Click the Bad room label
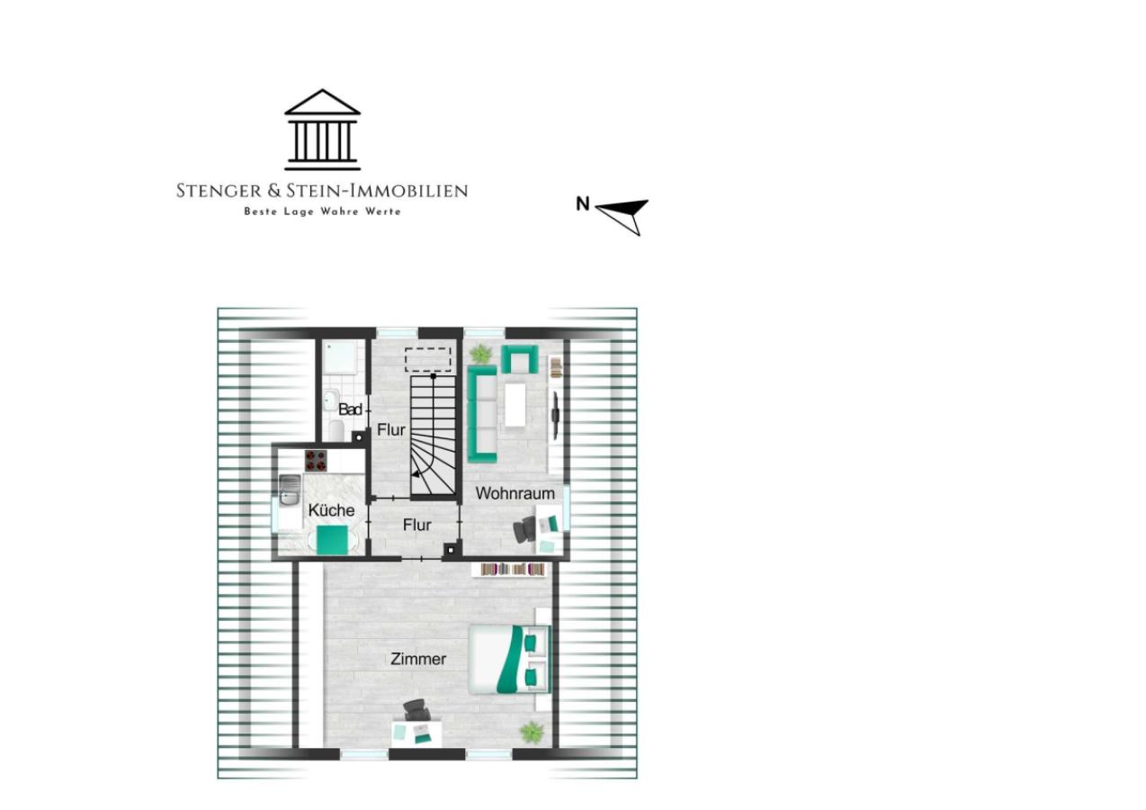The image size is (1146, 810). (351, 409)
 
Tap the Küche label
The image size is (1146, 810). (331, 510)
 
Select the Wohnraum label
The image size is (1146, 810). (515, 493)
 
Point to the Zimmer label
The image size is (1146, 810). (418, 659)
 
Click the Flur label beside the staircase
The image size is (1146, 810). (391, 430)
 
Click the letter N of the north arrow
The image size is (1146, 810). (583, 203)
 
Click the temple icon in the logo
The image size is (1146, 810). (322, 130)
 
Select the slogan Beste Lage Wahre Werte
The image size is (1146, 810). (322, 211)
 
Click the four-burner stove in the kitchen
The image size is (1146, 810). (316, 460)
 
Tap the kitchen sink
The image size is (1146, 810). (290, 490)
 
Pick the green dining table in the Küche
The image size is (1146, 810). (333, 540)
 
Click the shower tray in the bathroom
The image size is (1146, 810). (341, 357)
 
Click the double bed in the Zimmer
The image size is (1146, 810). (509, 660)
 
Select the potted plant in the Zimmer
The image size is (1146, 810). (532, 733)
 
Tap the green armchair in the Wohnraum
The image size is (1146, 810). (519, 359)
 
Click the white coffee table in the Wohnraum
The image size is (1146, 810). (515, 404)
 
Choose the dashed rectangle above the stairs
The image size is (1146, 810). (428, 359)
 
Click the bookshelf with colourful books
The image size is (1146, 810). (513, 570)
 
